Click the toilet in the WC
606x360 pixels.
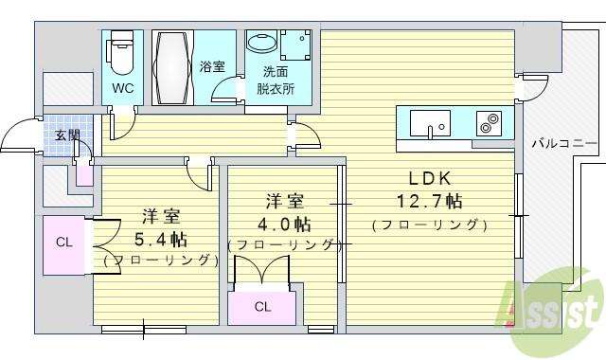tap(122, 53)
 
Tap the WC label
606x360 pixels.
tap(123, 88)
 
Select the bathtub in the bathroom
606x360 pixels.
tap(172, 67)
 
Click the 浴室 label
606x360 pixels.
tap(212, 66)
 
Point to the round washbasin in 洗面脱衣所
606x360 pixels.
tap(262, 42)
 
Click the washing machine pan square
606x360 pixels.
tap(295, 45)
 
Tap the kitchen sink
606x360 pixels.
tap(430, 123)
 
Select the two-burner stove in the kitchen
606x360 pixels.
tap(489, 123)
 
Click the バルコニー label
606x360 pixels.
tap(564, 144)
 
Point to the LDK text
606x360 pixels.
tap(430, 178)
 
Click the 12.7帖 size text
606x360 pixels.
tap(430, 201)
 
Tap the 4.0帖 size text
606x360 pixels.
tap(284, 224)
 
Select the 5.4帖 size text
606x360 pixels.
tap(161, 240)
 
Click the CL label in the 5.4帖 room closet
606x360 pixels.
tap(63, 243)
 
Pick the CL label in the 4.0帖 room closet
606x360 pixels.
tap(263, 307)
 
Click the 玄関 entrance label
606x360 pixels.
tap(67, 135)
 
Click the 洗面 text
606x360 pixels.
tap(276, 72)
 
